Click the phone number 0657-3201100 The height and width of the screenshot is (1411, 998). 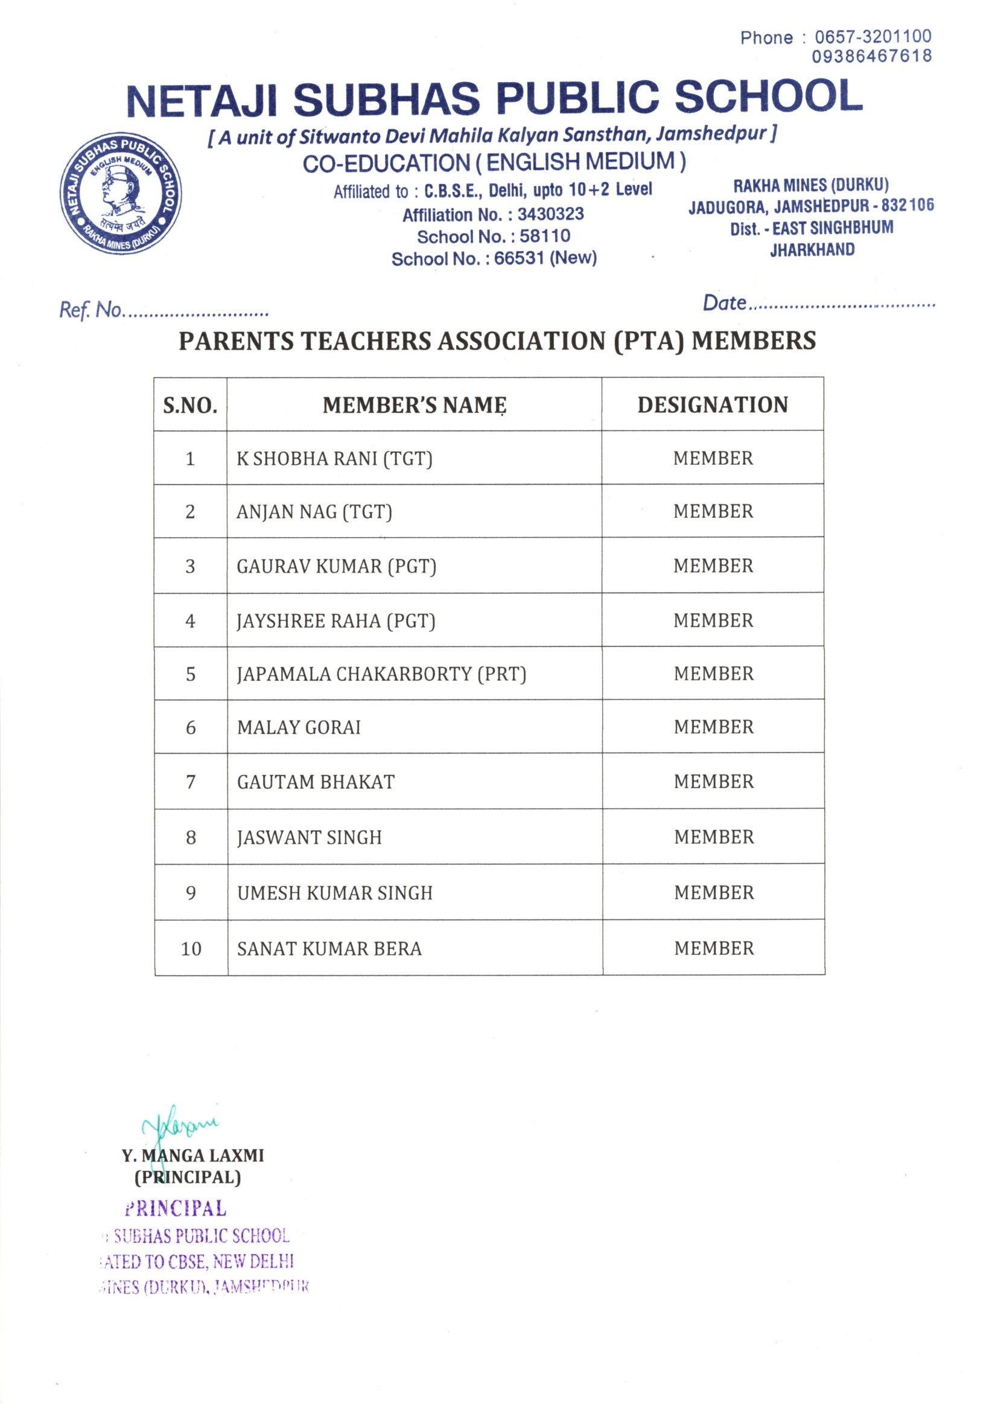872,37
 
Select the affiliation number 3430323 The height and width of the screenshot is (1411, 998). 550,214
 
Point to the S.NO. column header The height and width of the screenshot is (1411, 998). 190,406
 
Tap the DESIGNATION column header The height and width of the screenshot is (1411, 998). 712,405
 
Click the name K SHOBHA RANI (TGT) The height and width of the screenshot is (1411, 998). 334,459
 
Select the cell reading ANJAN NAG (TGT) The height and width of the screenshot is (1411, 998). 314,512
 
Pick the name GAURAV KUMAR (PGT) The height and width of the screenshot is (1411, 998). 336,566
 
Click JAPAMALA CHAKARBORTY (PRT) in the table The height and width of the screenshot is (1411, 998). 381,674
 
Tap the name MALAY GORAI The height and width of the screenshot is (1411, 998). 299,728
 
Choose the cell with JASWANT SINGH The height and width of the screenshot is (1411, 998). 309,838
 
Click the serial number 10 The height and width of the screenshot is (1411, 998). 191,949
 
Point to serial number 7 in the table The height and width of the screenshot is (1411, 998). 191,782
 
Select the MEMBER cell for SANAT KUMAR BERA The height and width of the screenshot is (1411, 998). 713,948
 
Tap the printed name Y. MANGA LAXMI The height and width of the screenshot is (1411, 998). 192,1156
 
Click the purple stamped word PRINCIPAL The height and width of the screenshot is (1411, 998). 176,1209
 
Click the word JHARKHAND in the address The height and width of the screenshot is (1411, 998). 812,250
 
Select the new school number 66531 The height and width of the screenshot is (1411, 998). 520,258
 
